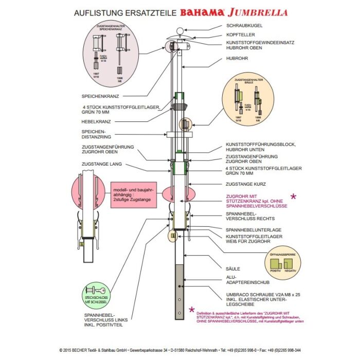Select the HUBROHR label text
click(238, 59)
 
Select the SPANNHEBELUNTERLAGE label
click(253, 229)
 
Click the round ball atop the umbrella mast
click(180, 30)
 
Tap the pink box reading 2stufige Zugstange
click(133, 195)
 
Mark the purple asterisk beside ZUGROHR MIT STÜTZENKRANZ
click(294, 196)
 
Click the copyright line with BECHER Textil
click(180, 349)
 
